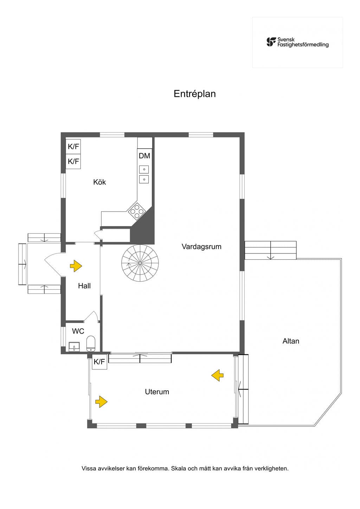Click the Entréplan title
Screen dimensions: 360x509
click(194, 94)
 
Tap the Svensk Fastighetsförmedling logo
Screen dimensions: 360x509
click(297, 42)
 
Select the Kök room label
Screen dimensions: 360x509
click(99, 182)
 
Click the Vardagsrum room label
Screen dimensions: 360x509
click(201, 246)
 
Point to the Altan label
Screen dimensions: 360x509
click(291, 341)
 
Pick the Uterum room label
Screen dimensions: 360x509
click(157, 392)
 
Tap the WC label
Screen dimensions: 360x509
click(78, 331)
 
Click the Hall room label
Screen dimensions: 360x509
click(84, 286)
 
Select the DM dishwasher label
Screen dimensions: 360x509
click(144, 156)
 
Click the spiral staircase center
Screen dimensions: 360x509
click(140, 263)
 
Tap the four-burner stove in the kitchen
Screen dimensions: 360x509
click(137, 211)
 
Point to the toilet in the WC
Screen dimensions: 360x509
click(91, 343)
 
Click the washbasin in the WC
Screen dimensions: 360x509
click(74, 347)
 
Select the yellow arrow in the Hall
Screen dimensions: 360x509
click(76, 266)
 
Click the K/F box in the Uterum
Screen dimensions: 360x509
click(99, 361)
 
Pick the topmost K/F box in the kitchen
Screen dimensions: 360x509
click(73, 147)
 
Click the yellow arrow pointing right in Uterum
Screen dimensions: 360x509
click(101, 401)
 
